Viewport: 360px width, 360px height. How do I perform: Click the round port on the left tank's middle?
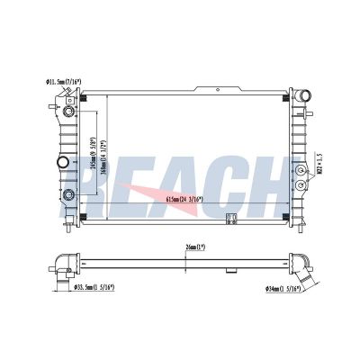pyautogui.click(x=64, y=163)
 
